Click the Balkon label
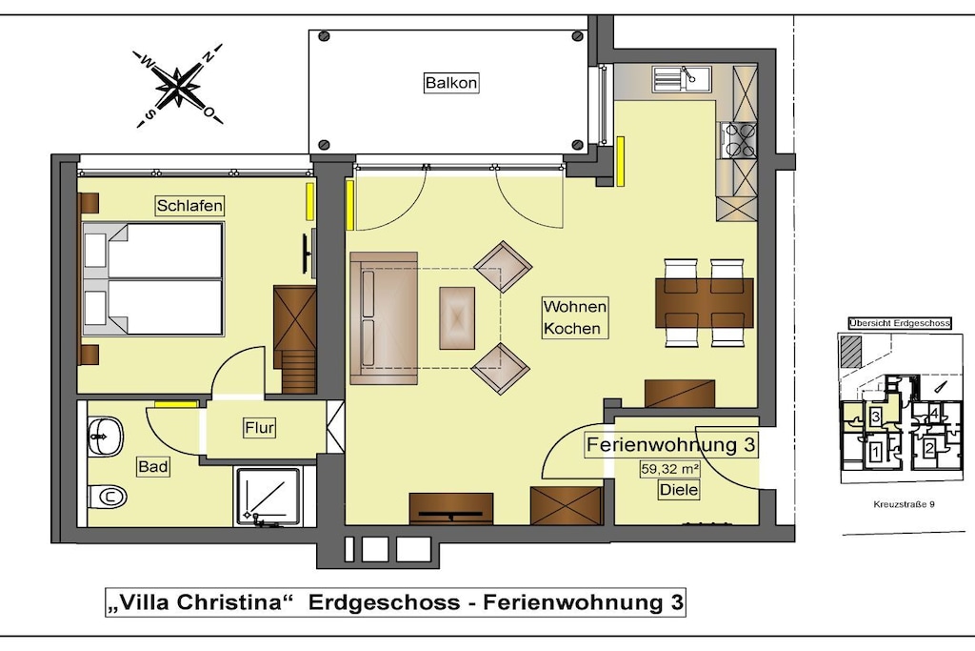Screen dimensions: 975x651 (x=451, y=83)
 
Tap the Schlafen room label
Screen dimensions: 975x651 (x=189, y=205)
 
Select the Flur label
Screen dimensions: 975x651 (x=259, y=428)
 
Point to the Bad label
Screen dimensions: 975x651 (x=153, y=466)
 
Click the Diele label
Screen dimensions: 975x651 (x=678, y=490)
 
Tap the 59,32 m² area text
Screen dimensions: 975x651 (x=669, y=469)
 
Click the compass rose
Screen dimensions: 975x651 (x=178, y=86)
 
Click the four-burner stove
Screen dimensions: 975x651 (x=738, y=141)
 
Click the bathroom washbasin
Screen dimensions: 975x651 (x=105, y=437)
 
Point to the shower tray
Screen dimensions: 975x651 (x=268, y=497)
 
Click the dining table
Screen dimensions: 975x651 (x=705, y=302)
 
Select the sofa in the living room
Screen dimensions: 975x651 (x=384, y=317)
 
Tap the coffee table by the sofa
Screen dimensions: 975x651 (x=457, y=318)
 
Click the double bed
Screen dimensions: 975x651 (x=153, y=279)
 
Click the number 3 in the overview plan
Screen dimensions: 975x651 (x=875, y=417)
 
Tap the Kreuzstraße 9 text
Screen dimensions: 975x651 (x=904, y=504)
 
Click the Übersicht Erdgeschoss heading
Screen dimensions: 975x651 (x=900, y=323)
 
